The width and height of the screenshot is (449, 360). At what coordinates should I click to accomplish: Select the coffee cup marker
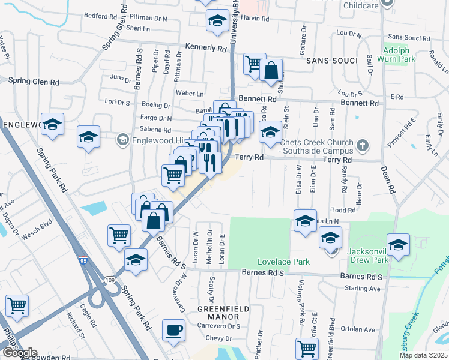174,331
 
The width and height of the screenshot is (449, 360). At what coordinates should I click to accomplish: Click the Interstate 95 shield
82,262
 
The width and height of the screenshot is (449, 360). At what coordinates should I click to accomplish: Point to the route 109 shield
109,280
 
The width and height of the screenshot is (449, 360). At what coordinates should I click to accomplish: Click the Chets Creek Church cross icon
362,145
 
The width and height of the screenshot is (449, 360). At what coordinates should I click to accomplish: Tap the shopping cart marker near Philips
17,305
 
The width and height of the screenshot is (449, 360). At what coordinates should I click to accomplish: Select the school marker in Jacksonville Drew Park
397,245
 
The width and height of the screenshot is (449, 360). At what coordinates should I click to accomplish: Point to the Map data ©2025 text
423,355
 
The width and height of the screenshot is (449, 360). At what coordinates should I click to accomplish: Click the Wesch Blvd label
38,228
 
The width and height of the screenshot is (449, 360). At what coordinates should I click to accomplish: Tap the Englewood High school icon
122,140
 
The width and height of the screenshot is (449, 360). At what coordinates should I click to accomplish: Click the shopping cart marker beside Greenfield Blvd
307,348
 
